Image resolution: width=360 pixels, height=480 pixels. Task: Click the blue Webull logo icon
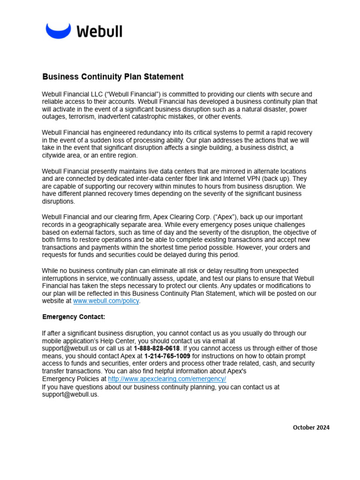(x=58, y=31)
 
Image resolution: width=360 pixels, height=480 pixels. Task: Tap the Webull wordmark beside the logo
(x=99, y=31)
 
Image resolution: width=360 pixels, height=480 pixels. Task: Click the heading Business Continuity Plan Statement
(x=113, y=76)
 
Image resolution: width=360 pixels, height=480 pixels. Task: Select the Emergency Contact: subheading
(x=74, y=317)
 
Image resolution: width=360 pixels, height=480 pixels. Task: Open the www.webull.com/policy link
(x=106, y=301)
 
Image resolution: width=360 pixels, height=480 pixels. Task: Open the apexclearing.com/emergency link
(x=167, y=379)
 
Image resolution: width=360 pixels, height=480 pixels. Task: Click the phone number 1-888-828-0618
(x=157, y=348)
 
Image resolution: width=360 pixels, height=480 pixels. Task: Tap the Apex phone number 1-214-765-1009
(x=167, y=356)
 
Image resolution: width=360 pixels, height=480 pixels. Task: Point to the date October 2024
(x=311, y=427)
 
